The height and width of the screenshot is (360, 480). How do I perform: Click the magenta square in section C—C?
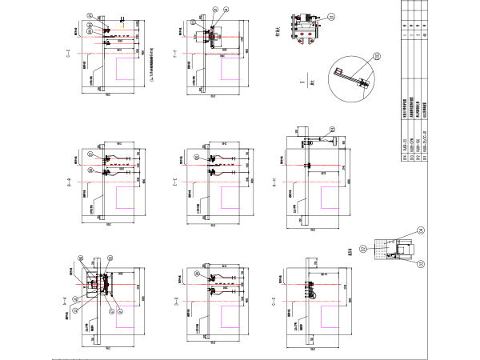pos(129,70)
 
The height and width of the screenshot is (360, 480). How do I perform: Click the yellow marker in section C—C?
pos(122,25)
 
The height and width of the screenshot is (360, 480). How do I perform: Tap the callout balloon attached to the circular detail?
pos(378,56)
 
